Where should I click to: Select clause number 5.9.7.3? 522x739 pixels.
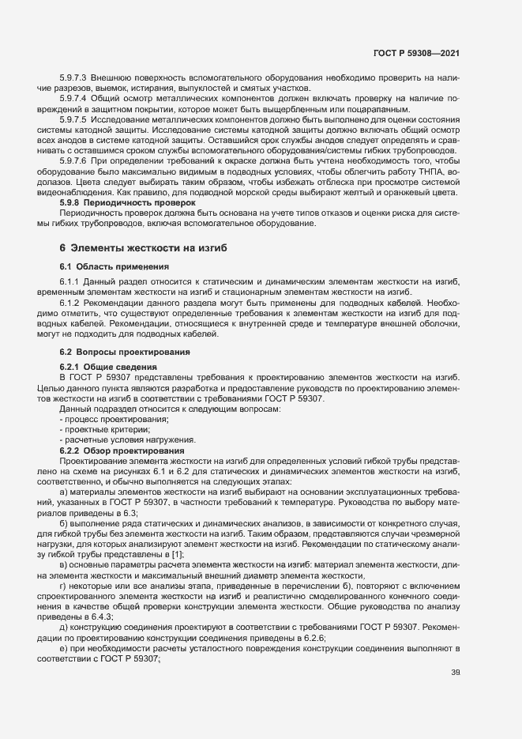73,80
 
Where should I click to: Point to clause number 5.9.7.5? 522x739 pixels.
73,119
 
